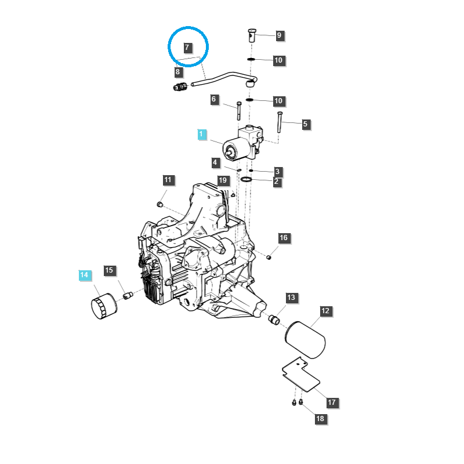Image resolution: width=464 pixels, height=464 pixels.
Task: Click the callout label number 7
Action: pyautogui.click(x=187, y=48)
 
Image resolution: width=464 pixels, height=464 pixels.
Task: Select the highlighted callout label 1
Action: pyautogui.click(x=201, y=134)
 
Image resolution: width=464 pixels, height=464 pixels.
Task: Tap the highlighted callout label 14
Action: pyautogui.click(x=84, y=275)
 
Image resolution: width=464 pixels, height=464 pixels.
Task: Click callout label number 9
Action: pyautogui.click(x=279, y=35)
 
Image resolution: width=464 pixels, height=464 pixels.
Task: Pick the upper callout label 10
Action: pyautogui.click(x=278, y=60)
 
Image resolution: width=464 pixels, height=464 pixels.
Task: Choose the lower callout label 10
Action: pyautogui.click(x=278, y=101)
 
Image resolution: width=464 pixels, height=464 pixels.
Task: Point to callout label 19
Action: pyautogui.click(x=223, y=180)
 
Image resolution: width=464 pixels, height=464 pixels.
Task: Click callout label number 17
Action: pyautogui.click(x=332, y=402)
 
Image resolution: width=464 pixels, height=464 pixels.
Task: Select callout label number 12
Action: pyautogui.click(x=325, y=311)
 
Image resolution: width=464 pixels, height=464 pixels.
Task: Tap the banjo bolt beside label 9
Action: pyautogui.click(x=252, y=35)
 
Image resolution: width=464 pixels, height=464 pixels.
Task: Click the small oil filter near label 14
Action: pyautogui.click(x=104, y=306)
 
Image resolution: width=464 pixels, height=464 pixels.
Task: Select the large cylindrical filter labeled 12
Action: pyautogui.click(x=305, y=340)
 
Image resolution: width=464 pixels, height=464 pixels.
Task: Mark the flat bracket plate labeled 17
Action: pyautogui.click(x=300, y=375)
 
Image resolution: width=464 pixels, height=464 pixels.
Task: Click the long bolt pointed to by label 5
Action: pyautogui.click(x=279, y=122)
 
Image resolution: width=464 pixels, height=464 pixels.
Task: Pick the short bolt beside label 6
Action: pyautogui.click(x=239, y=111)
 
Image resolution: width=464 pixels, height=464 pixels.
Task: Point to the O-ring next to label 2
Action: pyautogui.click(x=246, y=180)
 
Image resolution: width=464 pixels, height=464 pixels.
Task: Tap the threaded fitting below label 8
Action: pyautogui.click(x=180, y=87)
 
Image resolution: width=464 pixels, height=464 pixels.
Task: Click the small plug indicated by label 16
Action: pyautogui.click(x=269, y=257)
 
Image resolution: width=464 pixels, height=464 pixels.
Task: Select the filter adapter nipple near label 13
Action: pyautogui.click(x=274, y=320)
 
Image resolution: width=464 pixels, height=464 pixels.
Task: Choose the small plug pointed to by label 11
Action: pyautogui.click(x=160, y=204)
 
